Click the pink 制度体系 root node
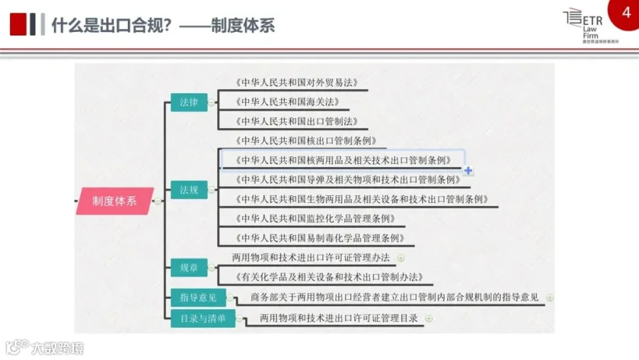click(x=115, y=201)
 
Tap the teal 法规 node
click(x=188, y=190)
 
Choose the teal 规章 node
click(x=188, y=268)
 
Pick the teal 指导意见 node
click(x=198, y=298)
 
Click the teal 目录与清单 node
click(x=202, y=319)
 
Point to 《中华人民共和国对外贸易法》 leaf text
click(x=295, y=82)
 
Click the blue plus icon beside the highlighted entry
click(x=468, y=170)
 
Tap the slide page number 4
click(x=626, y=13)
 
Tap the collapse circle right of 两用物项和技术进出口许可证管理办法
click(x=401, y=258)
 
